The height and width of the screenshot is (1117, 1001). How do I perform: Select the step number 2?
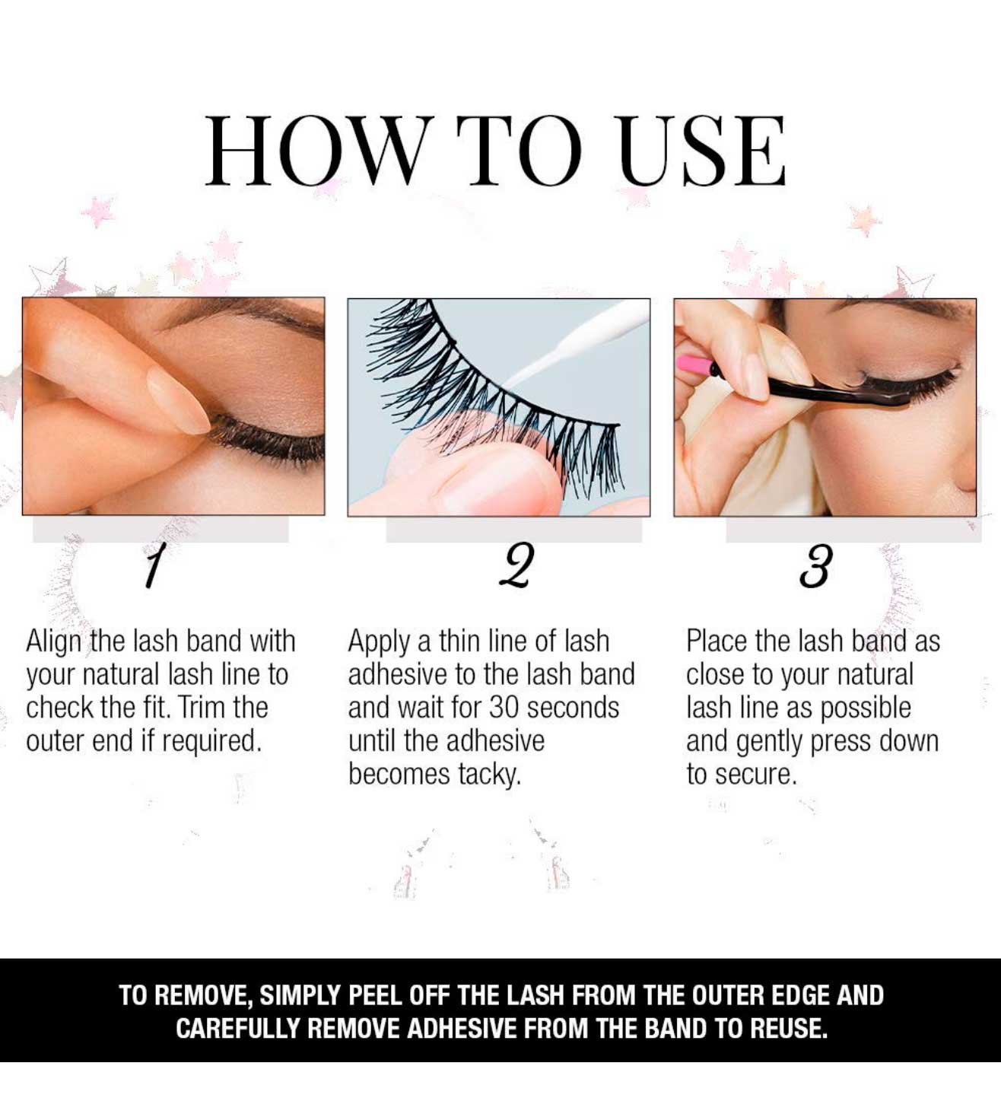pos(516,565)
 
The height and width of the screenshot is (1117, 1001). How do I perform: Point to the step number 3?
pos(814,566)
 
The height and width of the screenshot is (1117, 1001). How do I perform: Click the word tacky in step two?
pos(488,775)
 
